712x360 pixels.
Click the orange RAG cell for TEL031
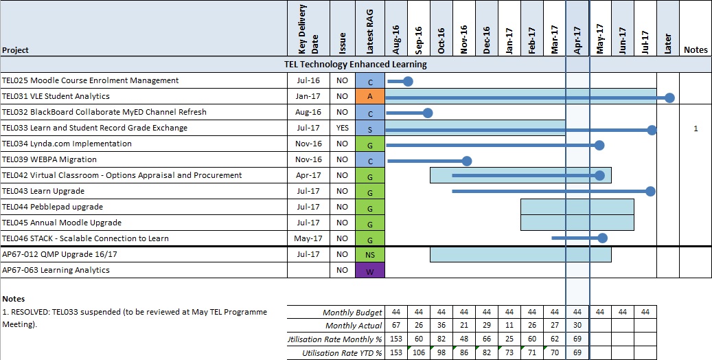[370, 96]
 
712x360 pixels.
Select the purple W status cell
[370, 270]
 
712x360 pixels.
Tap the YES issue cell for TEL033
[343, 128]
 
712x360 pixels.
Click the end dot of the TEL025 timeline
[409, 81]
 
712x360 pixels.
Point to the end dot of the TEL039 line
[467, 161]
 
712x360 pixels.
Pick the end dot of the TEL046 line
[602, 238]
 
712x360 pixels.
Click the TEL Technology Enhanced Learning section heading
[355, 65]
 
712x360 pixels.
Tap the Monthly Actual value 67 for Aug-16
[396, 325]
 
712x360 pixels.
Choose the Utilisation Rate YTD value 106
[419, 352]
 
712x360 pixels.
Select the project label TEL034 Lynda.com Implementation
[67, 144]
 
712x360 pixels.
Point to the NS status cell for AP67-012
[370, 254]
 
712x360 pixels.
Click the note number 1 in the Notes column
[696, 128]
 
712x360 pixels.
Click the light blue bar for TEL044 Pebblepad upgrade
[577, 207]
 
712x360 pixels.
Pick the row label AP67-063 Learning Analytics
[56, 270]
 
